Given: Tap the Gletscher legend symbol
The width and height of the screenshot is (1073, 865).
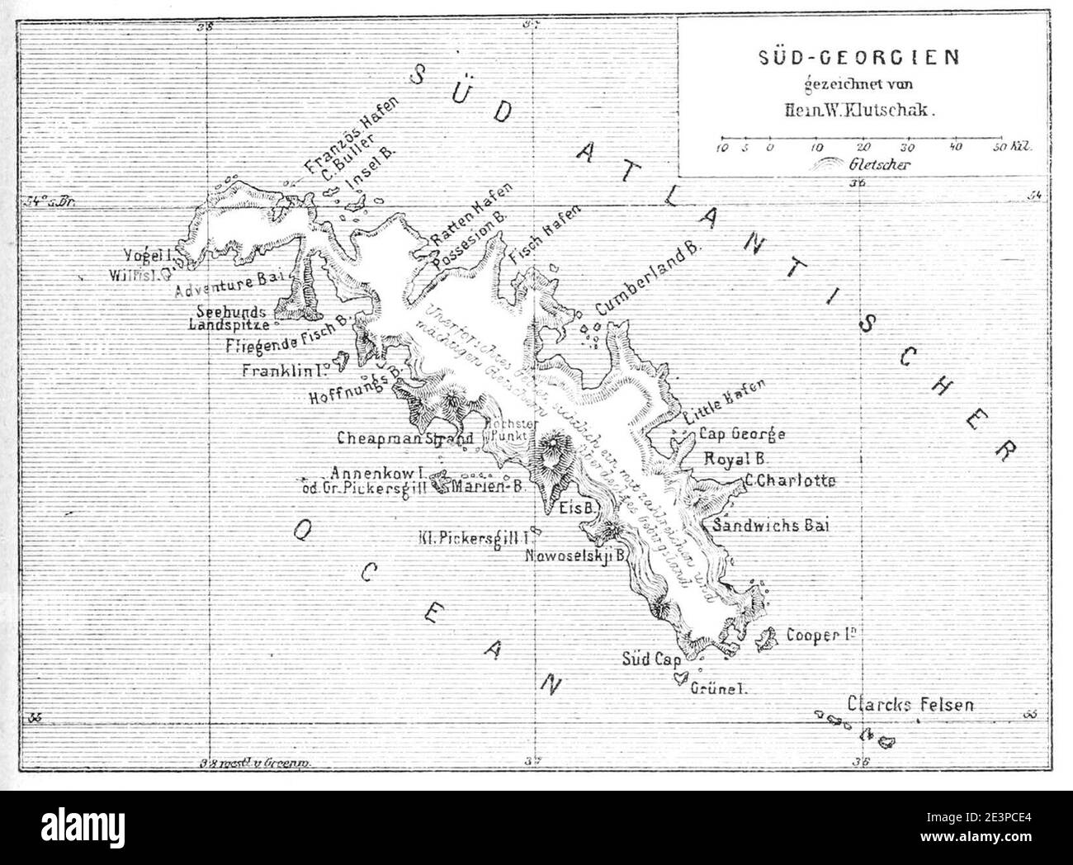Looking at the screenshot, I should coord(830,163).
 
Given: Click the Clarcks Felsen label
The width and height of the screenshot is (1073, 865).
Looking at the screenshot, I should coord(910,705).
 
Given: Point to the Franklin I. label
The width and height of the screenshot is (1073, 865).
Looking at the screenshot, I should coord(286,370).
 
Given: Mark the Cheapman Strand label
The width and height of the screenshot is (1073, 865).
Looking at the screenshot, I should coord(404,437).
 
